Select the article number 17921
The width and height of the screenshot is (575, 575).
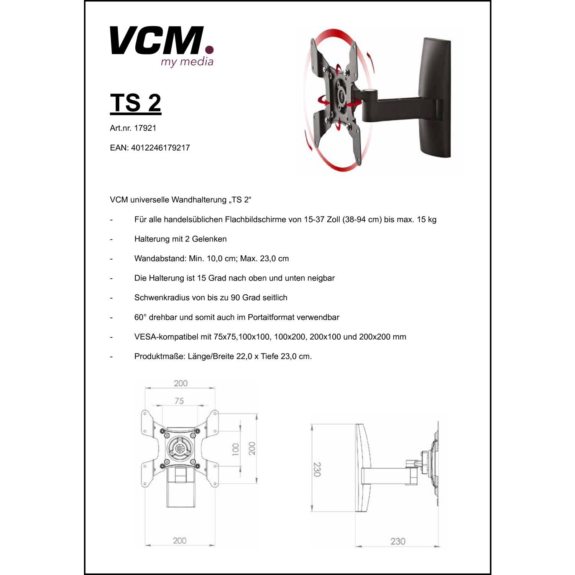(145, 128)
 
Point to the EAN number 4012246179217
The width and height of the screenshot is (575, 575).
(160, 148)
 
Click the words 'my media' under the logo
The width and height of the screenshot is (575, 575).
(187, 62)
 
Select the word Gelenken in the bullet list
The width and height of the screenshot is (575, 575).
(209, 239)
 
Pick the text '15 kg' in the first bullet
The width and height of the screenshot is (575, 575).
(427, 220)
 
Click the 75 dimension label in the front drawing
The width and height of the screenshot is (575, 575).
(179, 401)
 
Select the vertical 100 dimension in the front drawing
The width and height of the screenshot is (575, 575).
(236, 449)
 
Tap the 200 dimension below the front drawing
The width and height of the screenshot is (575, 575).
(179, 540)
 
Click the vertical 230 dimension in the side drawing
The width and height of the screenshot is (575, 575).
(317, 469)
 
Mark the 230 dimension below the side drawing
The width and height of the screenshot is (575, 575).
(398, 541)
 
